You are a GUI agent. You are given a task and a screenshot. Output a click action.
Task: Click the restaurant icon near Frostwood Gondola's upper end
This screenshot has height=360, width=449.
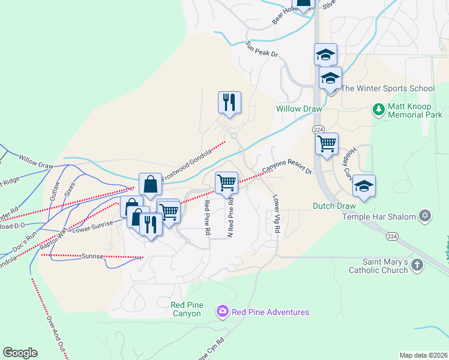pyautogui.click(x=229, y=103)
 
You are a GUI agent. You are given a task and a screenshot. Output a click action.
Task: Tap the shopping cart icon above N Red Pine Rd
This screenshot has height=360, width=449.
pyautogui.click(x=226, y=182)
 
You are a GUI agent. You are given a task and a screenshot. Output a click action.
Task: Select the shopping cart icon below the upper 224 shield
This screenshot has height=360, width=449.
pyautogui.click(x=327, y=144)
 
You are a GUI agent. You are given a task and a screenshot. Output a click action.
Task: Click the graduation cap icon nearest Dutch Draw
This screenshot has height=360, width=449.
pyautogui.click(x=364, y=186)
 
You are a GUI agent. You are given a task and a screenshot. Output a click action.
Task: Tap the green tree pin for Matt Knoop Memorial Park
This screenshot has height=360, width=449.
pyautogui.click(x=378, y=109)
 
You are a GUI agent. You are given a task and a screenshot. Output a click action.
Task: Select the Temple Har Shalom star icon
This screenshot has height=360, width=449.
pyautogui.click(x=425, y=215)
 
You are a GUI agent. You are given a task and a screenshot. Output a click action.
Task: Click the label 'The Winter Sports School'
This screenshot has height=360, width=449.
pyautogui.click(x=388, y=88)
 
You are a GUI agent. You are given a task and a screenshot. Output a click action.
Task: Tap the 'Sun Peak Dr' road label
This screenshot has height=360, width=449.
pyautogui.click(x=262, y=49)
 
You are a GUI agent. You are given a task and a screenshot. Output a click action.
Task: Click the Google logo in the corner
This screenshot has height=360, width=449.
pyautogui.click(x=20, y=353)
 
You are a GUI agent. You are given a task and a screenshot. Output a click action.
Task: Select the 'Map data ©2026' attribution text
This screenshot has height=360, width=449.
pyautogui.click(x=423, y=355)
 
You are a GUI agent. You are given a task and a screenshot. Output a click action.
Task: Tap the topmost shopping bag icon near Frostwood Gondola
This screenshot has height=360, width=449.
pyautogui.click(x=150, y=185)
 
